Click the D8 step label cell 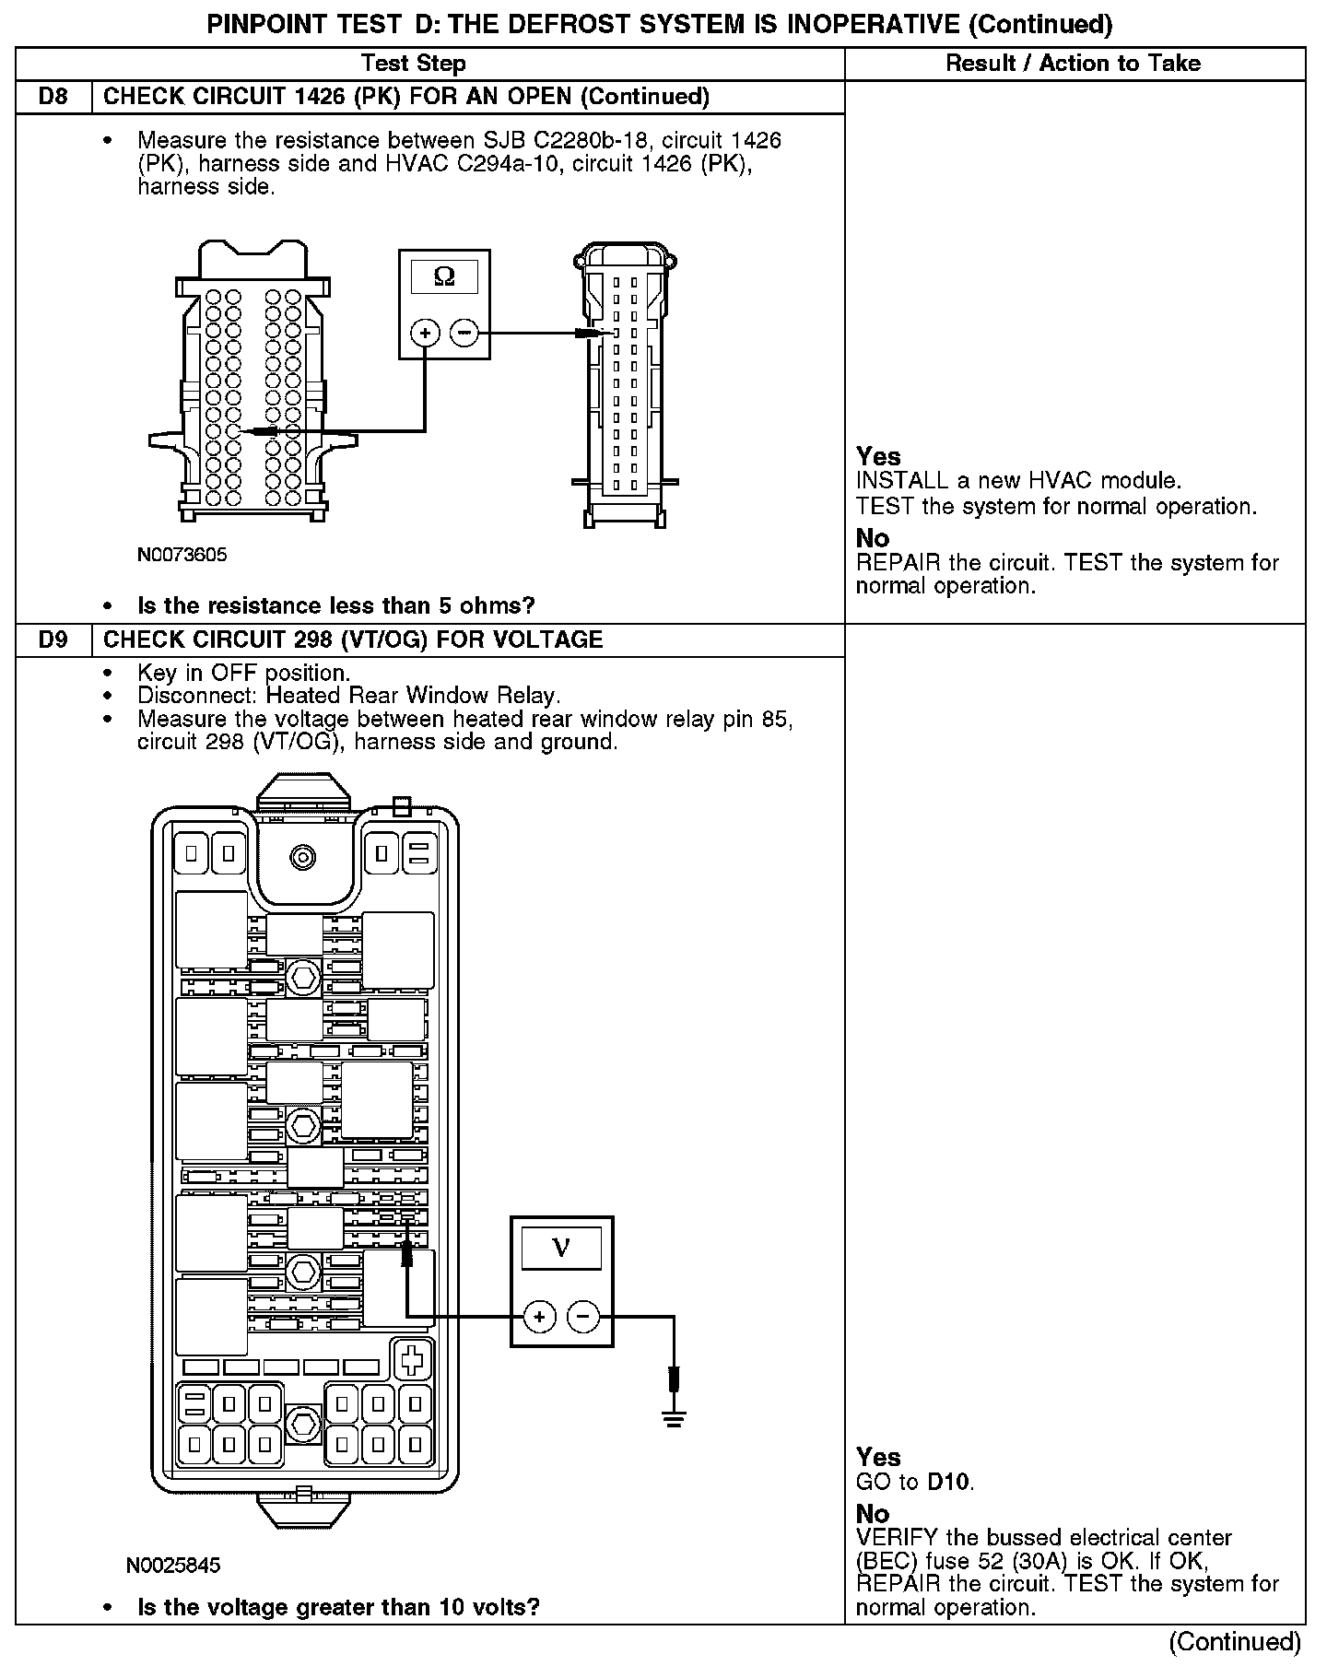tap(53, 97)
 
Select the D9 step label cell tap(53, 639)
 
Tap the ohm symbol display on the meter tap(444, 276)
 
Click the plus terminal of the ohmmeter tap(425, 333)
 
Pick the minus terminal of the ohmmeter tap(465, 333)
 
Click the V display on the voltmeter tap(561, 1249)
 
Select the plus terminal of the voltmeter tap(540, 1317)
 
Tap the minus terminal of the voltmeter tap(582, 1317)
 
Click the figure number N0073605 tap(182, 555)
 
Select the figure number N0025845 tap(174, 1565)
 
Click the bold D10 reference tap(948, 1482)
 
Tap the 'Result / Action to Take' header tap(1074, 64)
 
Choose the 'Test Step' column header tap(414, 64)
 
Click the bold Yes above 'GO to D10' tap(878, 1457)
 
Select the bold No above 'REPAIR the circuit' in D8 tap(873, 537)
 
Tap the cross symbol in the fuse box tap(413, 1359)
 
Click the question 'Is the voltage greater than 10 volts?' tap(338, 1607)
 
